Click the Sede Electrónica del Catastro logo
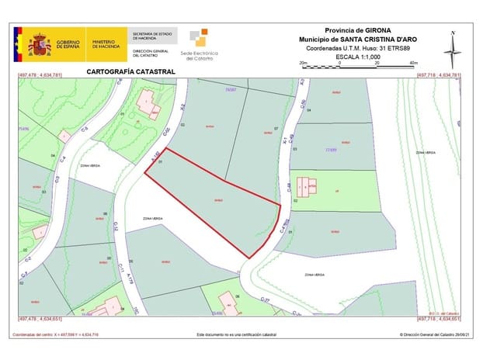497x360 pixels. click(200, 43)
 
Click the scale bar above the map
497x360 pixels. click(358, 65)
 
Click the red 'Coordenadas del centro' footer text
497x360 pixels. click(54, 334)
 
